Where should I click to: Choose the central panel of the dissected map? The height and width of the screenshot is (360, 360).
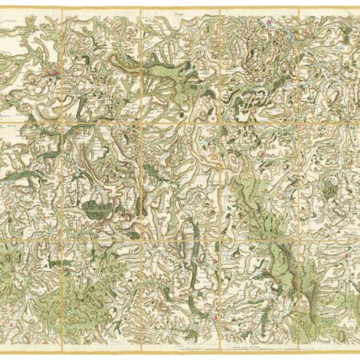180,176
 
